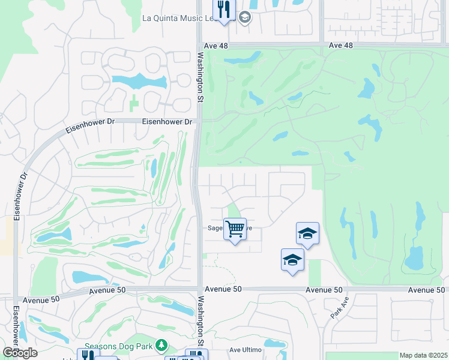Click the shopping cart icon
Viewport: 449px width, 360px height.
coord(235,228)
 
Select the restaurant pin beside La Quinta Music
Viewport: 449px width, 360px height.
coord(224,10)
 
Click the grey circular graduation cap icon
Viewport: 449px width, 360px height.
coord(244,18)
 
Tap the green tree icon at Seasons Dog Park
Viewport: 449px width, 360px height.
coord(161,346)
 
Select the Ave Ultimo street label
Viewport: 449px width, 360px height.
coord(246,349)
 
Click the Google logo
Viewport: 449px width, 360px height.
coord(19,353)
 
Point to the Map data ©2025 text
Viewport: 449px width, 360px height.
coord(423,355)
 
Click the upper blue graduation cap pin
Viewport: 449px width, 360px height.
coord(307,233)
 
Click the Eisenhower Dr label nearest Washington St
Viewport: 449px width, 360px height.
coord(167,121)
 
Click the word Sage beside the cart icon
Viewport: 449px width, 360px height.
coord(215,228)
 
